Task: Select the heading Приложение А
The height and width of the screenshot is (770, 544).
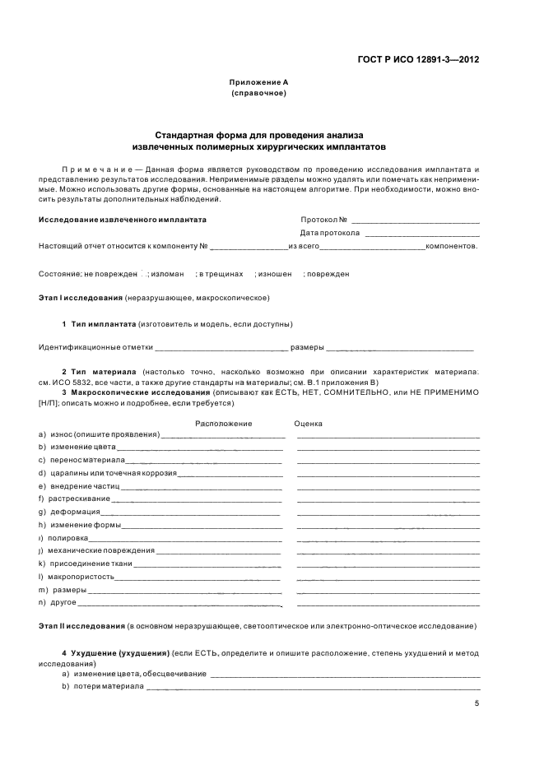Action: (x=258, y=82)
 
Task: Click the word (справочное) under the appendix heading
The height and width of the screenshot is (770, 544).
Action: (x=258, y=94)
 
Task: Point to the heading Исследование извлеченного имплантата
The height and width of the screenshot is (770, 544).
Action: (x=123, y=220)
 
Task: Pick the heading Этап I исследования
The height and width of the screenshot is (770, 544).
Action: (x=73, y=297)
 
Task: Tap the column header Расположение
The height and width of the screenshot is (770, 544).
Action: (x=223, y=424)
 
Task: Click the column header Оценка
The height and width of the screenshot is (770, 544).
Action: (x=308, y=424)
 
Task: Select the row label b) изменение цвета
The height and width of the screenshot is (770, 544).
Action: (x=77, y=448)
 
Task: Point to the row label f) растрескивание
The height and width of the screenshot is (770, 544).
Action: (x=73, y=499)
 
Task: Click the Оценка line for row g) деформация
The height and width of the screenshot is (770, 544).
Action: (x=387, y=512)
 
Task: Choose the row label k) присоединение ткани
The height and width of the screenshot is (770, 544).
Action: (x=86, y=564)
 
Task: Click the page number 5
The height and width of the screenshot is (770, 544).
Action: (x=477, y=703)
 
